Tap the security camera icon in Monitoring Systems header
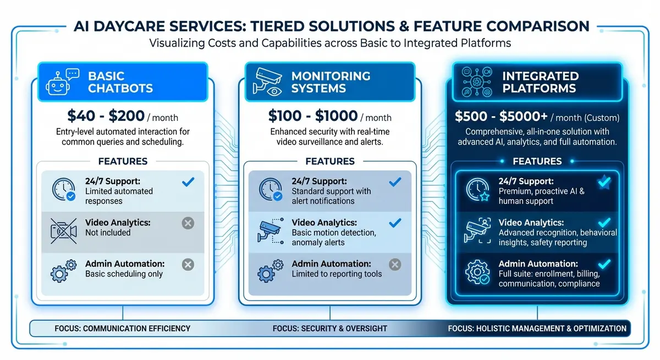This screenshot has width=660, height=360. [266, 82]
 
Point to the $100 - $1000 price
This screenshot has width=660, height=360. [312, 117]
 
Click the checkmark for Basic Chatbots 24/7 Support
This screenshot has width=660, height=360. [188, 182]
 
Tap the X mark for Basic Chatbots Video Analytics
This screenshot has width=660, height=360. [188, 223]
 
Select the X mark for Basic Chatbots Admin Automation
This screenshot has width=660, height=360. [188, 265]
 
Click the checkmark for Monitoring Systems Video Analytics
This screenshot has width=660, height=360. [395, 223]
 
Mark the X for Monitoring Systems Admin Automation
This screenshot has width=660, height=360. [395, 265]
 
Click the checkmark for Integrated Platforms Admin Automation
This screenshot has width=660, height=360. [603, 265]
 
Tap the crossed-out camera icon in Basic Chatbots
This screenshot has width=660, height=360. [63, 230]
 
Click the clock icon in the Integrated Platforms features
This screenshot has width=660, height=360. [476, 190]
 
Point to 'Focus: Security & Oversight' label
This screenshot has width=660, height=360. [329, 329]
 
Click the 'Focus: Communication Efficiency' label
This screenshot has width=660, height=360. [122, 329]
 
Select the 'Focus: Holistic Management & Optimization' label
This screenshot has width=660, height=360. [537, 329]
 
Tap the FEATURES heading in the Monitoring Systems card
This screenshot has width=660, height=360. [329, 162]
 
